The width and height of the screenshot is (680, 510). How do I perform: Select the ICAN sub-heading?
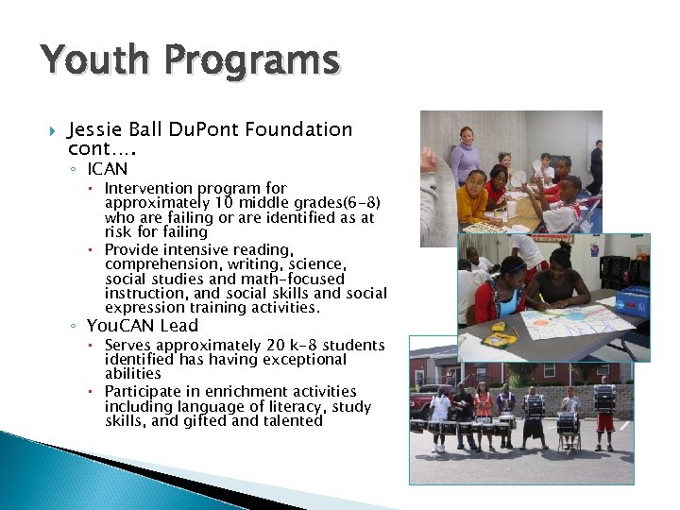[x=107, y=169]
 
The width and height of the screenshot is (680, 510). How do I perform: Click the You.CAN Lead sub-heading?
[x=142, y=326]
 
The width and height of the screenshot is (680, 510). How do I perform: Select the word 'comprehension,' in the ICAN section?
[x=163, y=264]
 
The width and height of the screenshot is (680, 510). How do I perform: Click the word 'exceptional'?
[x=306, y=360]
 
